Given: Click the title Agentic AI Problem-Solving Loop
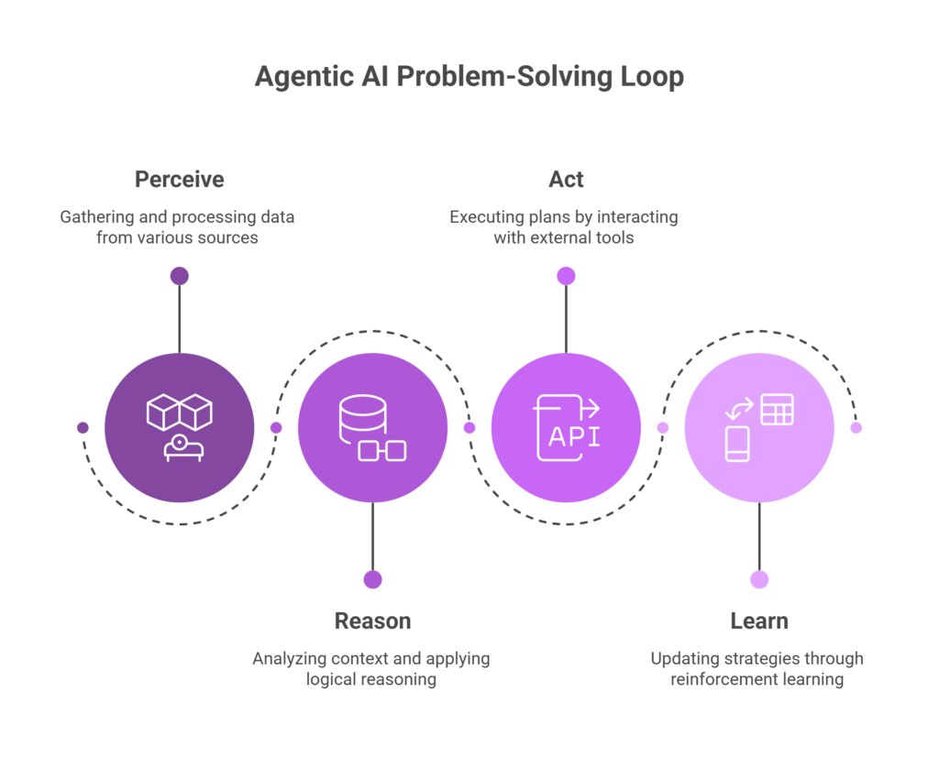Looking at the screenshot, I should pos(469,78).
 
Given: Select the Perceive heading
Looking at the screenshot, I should pos(179,179).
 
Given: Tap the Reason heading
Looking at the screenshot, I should pos(372,621).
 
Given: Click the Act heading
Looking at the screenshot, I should pos(566,179).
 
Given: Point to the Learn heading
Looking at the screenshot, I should pos(759,621).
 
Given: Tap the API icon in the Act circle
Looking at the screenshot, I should pos(566,427).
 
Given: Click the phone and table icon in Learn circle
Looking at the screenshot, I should pos(759,427).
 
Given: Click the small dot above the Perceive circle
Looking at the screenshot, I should pos(179,276).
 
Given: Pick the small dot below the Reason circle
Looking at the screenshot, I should pos(372,579).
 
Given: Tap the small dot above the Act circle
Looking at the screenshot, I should pos(566,276).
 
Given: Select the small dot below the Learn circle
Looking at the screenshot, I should pos(759,579).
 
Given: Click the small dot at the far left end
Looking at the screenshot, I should pos(83,427).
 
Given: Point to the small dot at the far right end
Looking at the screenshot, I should pos(856,427).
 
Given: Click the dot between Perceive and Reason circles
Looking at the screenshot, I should pos(276,427).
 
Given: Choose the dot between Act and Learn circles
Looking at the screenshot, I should pos(662,427).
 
